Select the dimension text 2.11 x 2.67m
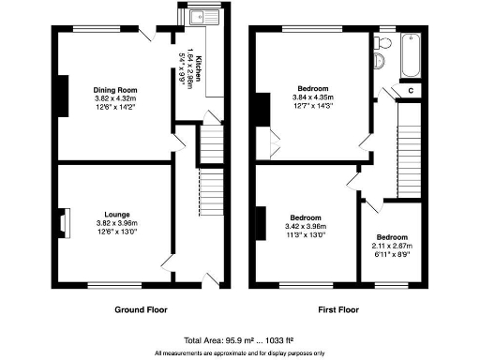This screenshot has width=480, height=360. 392,247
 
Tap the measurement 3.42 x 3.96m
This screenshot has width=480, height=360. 306,225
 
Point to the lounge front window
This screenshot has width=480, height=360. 117,284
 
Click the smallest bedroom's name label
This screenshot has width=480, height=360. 392,237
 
